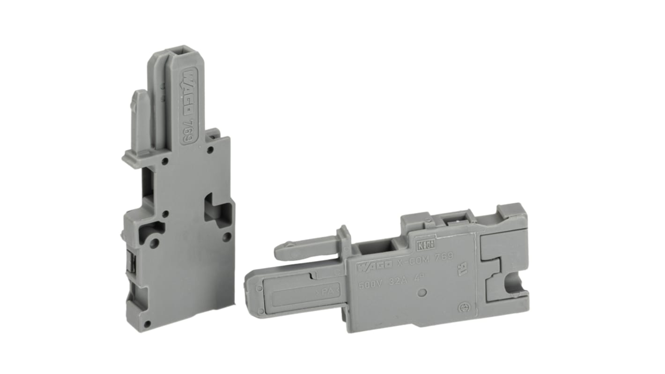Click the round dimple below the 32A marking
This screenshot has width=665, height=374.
(422, 293)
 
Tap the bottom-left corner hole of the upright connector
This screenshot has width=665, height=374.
(147, 323)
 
